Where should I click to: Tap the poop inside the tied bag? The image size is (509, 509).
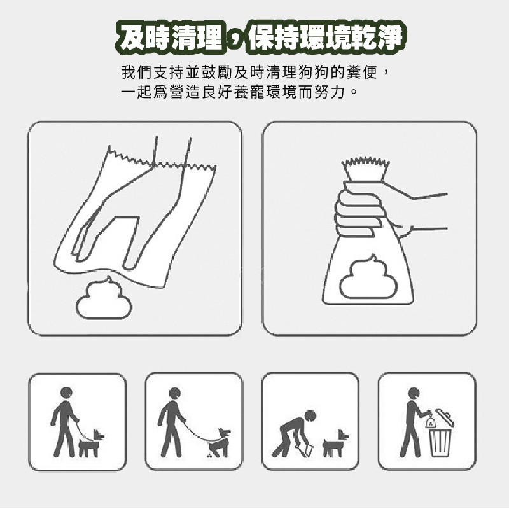point(368,277)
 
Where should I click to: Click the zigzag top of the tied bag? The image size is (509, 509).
point(365,169)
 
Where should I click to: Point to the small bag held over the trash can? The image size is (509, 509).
point(430,421)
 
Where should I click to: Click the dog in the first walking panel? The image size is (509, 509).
point(90,443)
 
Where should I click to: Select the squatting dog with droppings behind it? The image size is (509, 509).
point(220,442)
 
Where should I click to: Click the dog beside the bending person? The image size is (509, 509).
point(335,443)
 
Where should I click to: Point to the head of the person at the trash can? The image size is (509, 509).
point(413,393)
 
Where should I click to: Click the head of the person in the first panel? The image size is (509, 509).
point(66,393)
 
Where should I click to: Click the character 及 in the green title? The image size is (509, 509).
point(132,38)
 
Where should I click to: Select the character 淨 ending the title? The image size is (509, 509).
point(389,38)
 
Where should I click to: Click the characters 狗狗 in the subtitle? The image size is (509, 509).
point(306,72)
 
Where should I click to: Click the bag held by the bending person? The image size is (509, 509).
point(306,450)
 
